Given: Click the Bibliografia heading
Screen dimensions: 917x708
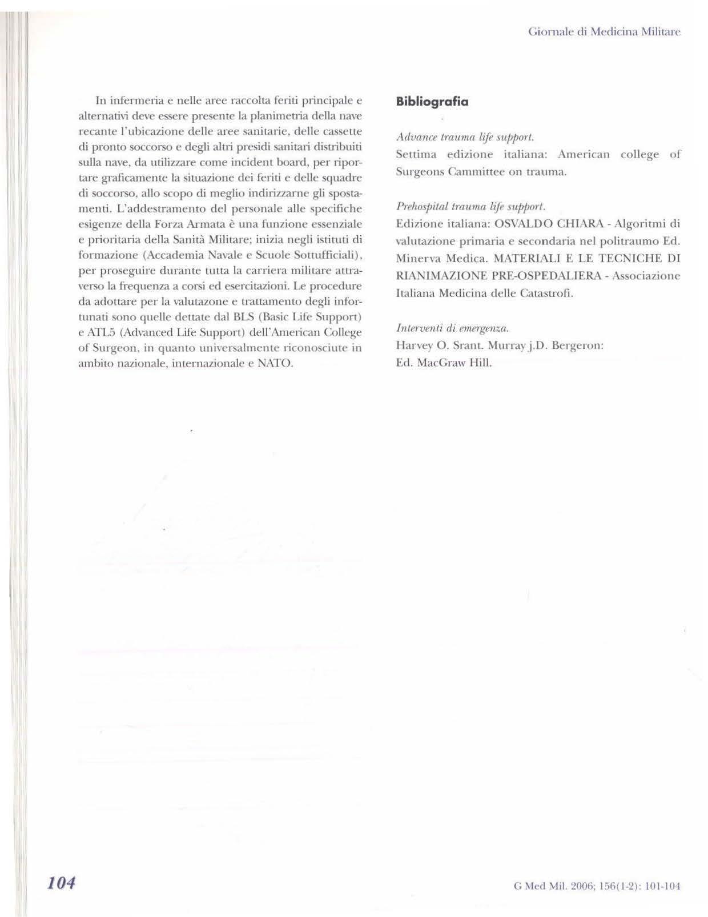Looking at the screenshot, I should (x=432, y=102).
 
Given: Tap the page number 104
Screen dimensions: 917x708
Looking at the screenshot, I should (x=62, y=883).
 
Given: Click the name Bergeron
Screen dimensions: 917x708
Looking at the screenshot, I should (x=577, y=345).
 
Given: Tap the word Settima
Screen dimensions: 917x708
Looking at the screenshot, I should (x=416, y=154).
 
